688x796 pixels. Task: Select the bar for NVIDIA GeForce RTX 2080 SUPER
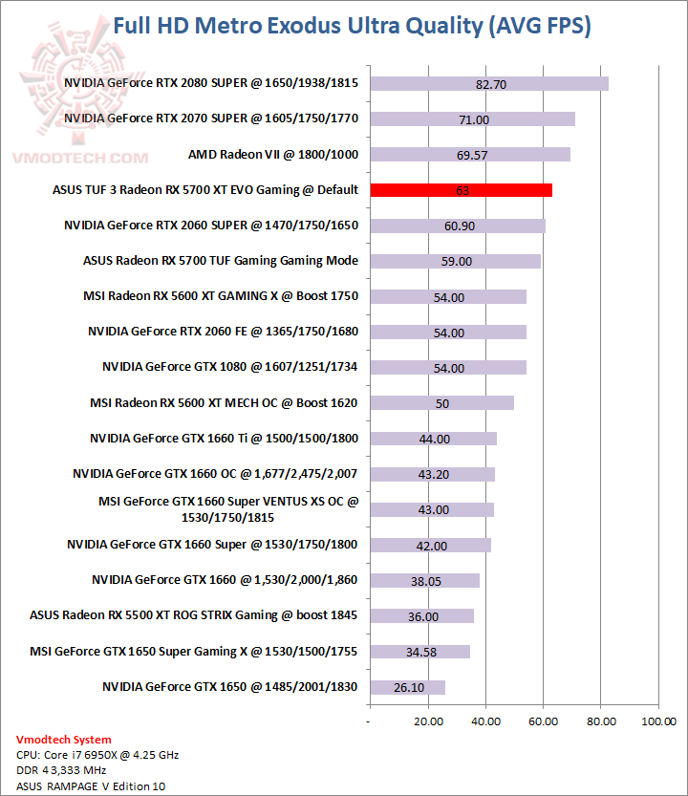488,84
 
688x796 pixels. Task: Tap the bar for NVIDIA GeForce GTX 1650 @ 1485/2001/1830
407,687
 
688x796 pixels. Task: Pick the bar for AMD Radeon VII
469,155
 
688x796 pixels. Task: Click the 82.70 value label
490,84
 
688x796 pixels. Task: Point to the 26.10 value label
409,687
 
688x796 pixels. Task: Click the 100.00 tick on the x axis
658,721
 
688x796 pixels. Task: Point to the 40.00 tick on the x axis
484,721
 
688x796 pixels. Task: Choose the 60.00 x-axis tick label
543,721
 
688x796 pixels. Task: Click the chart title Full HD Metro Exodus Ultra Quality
352,26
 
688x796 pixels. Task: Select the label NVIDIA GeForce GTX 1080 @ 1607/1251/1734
230,367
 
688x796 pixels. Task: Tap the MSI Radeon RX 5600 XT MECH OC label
224,402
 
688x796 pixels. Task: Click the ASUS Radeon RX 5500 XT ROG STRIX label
194,614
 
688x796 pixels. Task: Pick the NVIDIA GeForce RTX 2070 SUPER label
211,118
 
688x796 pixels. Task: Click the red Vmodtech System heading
63,739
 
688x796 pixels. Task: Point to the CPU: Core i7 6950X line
97,755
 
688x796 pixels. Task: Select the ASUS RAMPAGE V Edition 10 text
84,786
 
